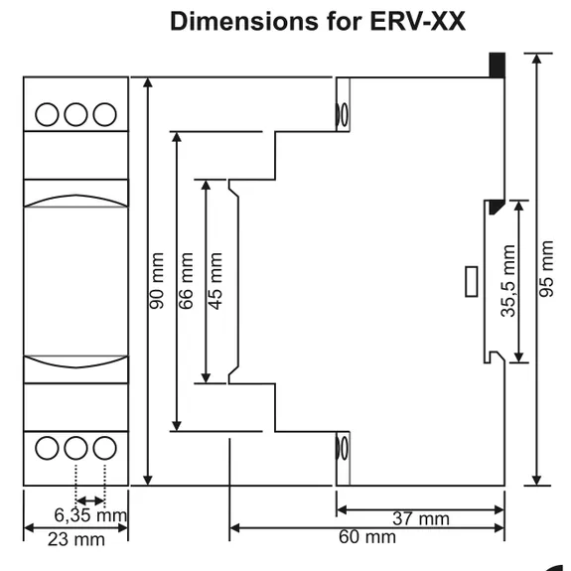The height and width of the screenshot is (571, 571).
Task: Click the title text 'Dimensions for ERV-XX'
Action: (x=318, y=22)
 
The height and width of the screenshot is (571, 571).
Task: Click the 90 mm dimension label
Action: (x=157, y=281)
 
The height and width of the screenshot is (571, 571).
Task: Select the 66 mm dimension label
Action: (x=186, y=281)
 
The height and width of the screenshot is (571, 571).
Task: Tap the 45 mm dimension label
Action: (x=215, y=281)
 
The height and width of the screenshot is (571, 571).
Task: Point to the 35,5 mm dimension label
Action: (x=508, y=281)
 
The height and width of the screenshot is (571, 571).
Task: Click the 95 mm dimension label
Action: (x=546, y=269)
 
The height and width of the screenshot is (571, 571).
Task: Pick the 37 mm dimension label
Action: (x=421, y=518)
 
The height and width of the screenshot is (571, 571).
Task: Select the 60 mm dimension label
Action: (x=367, y=537)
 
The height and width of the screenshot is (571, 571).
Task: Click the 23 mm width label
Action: (x=76, y=539)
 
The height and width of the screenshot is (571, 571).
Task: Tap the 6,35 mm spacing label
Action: (x=90, y=515)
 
